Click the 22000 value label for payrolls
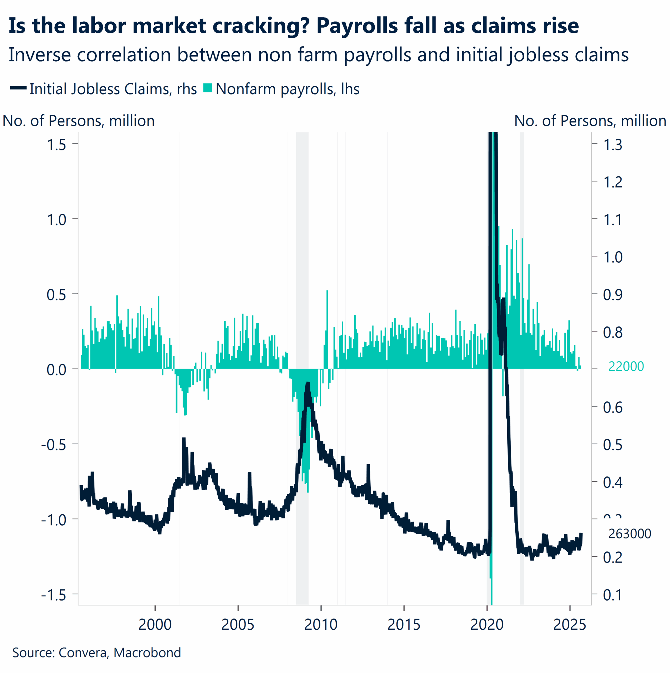[626, 366]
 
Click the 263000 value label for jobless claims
[630, 534]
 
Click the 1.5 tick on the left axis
[57, 145]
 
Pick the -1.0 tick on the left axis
[54, 520]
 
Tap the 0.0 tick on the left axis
[57, 370]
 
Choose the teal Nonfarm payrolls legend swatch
[208, 88]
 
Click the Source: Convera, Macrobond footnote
[96, 652]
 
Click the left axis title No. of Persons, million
[79, 121]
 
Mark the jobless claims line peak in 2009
[308, 384]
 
